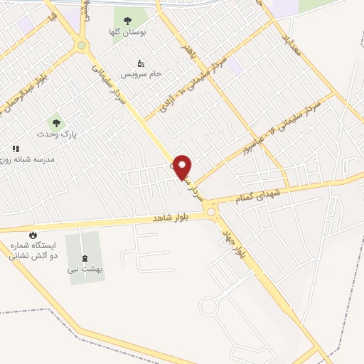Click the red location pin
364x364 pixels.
click(183, 167)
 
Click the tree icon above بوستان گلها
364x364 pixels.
click(127, 21)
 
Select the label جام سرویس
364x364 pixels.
click(141, 74)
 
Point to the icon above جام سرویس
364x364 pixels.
click(141, 63)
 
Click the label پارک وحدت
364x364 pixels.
click(57, 133)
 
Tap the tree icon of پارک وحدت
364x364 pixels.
click(56, 122)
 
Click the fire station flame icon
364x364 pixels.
click(32, 235)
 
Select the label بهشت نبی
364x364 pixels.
click(85, 269)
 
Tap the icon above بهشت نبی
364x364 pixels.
click(85, 257)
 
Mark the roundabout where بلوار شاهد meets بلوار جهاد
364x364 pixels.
click(211, 212)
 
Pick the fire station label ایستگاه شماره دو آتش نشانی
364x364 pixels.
click(33, 250)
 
